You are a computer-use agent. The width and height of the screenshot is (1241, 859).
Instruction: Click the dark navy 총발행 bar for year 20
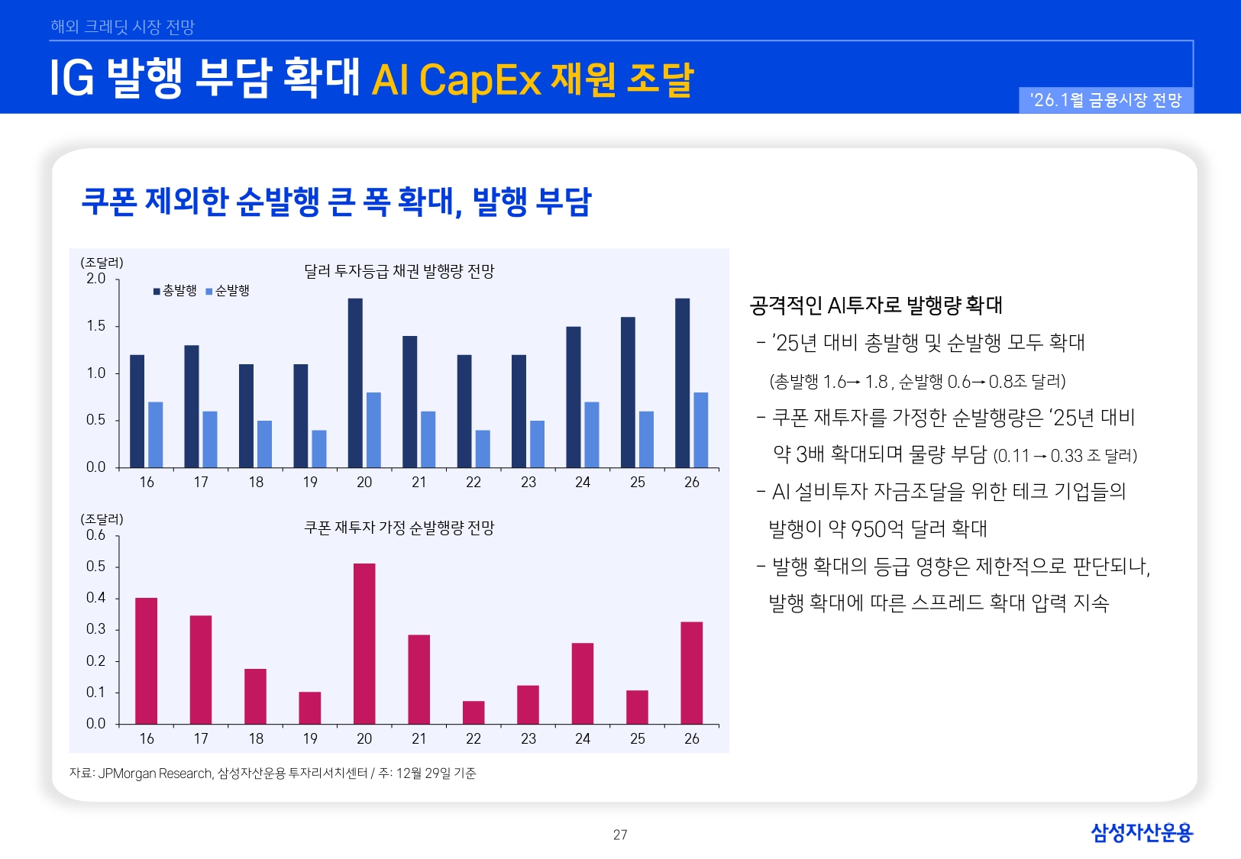(x=355, y=382)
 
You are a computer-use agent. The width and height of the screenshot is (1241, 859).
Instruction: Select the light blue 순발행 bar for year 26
(x=700, y=429)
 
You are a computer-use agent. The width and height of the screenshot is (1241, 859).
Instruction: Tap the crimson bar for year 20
(x=364, y=643)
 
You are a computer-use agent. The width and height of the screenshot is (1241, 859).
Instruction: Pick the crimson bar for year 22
(x=473, y=712)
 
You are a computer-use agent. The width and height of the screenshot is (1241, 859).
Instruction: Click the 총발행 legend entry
(x=176, y=291)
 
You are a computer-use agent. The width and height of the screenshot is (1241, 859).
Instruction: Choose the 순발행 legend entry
(x=228, y=291)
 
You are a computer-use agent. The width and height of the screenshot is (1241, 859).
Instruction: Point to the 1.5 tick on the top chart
(x=96, y=326)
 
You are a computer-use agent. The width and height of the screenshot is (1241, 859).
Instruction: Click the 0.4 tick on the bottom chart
(x=96, y=598)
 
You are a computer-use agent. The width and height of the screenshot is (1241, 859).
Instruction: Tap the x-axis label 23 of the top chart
(x=528, y=483)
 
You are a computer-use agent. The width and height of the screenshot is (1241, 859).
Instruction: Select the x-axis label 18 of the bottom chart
(x=256, y=739)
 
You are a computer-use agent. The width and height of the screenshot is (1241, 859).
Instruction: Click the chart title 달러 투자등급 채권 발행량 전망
(x=399, y=271)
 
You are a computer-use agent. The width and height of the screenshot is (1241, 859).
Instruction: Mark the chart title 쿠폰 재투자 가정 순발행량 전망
(x=399, y=528)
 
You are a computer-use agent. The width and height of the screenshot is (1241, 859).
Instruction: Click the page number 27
(x=620, y=835)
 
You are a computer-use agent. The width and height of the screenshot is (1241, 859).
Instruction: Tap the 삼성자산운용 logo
(x=1141, y=832)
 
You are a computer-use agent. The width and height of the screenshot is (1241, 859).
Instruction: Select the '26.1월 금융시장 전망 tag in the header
(x=1106, y=100)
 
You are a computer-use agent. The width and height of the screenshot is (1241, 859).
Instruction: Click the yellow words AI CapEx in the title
(x=456, y=80)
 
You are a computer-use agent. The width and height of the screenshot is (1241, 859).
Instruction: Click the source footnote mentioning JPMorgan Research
(x=272, y=773)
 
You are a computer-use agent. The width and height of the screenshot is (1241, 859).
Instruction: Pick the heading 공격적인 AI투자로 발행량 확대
(x=875, y=305)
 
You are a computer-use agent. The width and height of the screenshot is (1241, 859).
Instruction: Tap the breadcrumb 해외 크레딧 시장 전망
(x=122, y=27)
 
